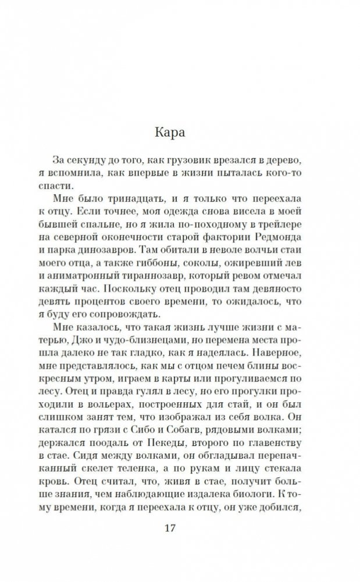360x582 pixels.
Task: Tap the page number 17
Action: (180, 529)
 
